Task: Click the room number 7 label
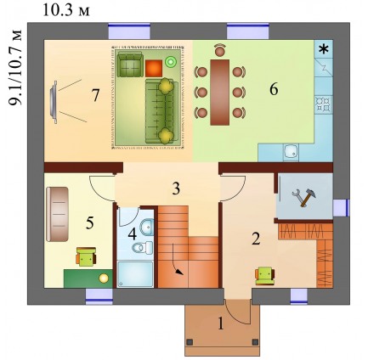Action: point(95,95)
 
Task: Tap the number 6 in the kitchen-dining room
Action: point(274,89)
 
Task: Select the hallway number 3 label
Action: point(176,188)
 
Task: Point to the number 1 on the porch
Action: point(221,323)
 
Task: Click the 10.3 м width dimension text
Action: point(66,10)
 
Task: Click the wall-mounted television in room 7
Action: point(54,102)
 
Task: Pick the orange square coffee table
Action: point(154,68)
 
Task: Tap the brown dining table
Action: point(220,93)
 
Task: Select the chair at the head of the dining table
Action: point(220,50)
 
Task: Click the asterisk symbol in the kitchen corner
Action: point(324,49)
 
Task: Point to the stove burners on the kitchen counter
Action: point(324,104)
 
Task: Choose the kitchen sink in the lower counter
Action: point(291,152)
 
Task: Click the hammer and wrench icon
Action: point(304,197)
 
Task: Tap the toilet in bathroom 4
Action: point(143,248)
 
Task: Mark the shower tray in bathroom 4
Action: point(135,274)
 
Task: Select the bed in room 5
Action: point(57,214)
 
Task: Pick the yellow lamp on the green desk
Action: point(104,278)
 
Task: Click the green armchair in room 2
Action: point(265,276)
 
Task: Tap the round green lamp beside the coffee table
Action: point(171,62)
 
